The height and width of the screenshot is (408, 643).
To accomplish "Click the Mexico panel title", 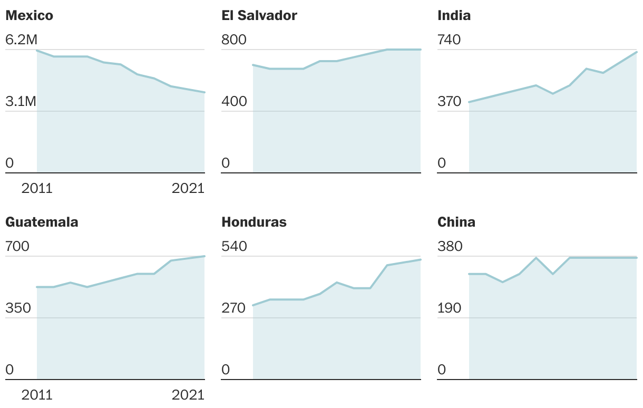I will click(29, 16).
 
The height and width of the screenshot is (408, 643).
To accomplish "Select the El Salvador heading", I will click(259, 16).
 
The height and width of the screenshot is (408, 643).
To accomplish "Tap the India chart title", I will click(454, 16).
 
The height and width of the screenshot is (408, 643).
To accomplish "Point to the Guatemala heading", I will click(42, 222).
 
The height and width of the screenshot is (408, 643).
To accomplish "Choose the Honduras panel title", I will click(254, 222).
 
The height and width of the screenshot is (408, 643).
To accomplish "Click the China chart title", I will click(456, 222).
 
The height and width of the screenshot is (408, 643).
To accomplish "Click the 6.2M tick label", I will click(21, 40).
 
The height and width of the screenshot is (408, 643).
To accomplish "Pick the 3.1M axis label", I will click(21, 101).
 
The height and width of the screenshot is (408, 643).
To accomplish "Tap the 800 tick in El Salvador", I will click(234, 40).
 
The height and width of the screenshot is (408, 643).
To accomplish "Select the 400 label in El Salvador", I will click(234, 101).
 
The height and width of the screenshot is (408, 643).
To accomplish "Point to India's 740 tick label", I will click(449, 40).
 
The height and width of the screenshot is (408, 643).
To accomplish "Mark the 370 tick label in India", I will click(449, 101).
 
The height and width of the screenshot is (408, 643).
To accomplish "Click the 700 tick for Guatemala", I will click(17, 247).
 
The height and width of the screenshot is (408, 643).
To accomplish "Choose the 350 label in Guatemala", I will click(18, 308).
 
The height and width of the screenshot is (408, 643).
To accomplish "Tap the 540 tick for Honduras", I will click(234, 247).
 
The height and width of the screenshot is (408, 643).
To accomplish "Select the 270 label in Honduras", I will click(234, 308).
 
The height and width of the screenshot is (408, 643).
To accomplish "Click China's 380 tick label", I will click(450, 247).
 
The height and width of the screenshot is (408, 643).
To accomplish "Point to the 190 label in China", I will click(449, 308).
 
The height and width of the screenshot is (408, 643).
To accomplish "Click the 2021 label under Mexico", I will click(188, 188).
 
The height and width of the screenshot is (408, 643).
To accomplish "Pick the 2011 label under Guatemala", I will click(37, 395).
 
